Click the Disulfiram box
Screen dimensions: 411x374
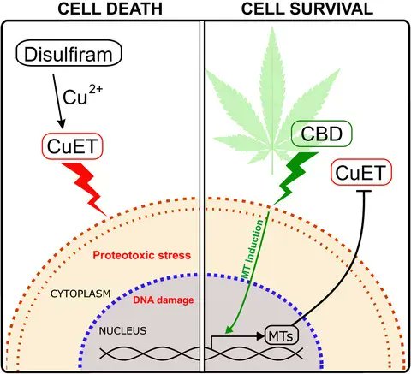click(x=68, y=53)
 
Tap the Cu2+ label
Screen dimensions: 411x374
click(x=82, y=95)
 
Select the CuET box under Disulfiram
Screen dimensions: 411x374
click(x=72, y=146)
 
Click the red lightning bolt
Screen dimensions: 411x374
click(x=84, y=188)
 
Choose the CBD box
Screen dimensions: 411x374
click(x=322, y=134)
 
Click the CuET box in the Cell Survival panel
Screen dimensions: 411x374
click(x=361, y=172)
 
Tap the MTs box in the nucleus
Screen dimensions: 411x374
click(x=282, y=335)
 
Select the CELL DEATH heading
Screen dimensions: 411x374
click(x=110, y=9)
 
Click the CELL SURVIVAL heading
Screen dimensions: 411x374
click(x=307, y=9)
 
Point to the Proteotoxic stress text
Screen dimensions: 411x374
click(x=142, y=255)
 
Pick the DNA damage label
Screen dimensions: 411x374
click(x=164, y=300)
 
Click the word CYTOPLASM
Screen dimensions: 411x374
click(x=80, y=294)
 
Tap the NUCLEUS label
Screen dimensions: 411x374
click(x=122, y=331)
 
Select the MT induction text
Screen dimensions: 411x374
click(x=252, y=249)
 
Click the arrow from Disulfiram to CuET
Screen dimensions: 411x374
click(x=57, y=101)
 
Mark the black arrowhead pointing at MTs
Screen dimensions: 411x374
click(x=260, y=336)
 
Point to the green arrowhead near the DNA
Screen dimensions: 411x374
click(x=229, y=329)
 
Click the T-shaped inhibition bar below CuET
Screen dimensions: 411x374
click(x=363, y=191)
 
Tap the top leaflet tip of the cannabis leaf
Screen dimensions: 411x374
click(x=272, y=27)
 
